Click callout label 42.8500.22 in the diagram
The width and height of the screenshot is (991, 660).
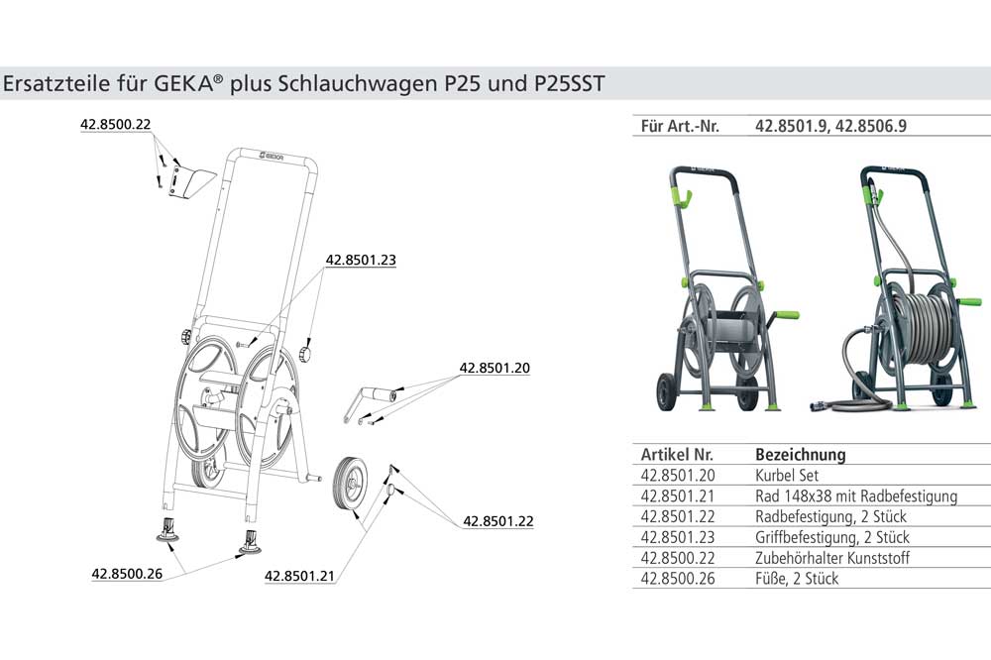pyautogui.click(x=116, y=124)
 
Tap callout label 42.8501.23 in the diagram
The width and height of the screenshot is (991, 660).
pyautogui.click(x=361, y=260)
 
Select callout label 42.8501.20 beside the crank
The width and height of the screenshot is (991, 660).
pyautogui.click(x=495, y=368)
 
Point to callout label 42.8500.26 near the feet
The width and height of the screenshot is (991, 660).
pyautogui.click(x=127, y=574)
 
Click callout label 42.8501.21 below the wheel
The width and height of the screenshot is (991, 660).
pyautogui.click(x=299, y=576)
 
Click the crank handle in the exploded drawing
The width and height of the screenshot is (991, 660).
pyautogui.click(x=370, y=402)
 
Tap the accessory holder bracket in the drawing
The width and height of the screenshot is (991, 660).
pyautogui.click(x=191, y=182)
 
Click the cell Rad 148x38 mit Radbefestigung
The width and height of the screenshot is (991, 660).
pyautogui.click(x=856, y=495)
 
